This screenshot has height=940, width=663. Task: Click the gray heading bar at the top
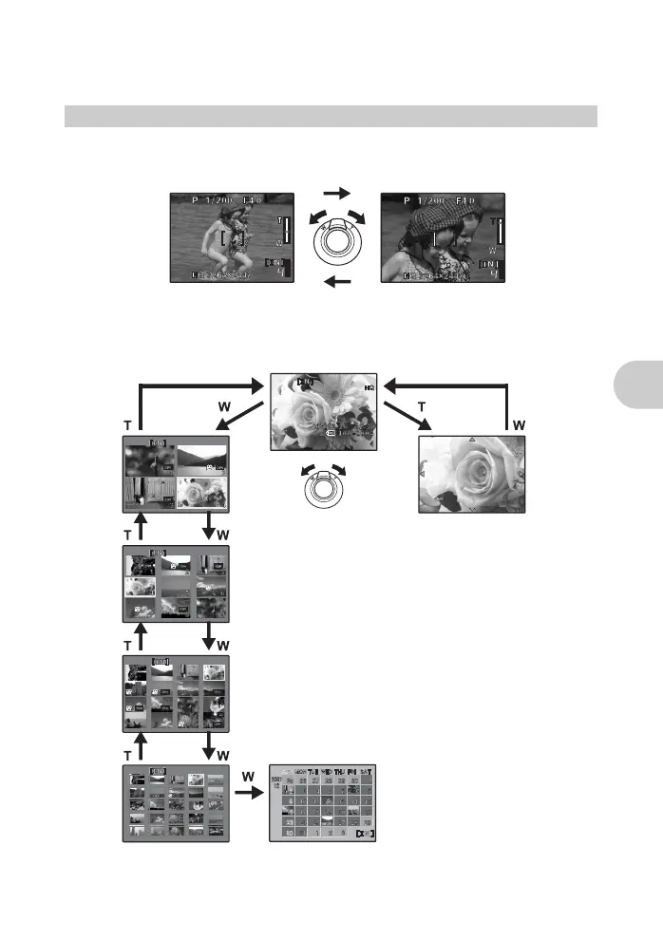(331, 116)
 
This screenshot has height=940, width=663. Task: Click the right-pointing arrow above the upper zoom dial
(336, 193)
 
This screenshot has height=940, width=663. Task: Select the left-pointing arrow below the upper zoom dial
(336, 282)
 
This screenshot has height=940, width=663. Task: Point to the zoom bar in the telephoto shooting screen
(498, 232)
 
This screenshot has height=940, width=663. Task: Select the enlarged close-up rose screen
(472, 475)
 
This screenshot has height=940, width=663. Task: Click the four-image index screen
(177, 475)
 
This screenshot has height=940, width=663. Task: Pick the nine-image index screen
(177, 583)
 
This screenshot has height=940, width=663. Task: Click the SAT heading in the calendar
(366, 772)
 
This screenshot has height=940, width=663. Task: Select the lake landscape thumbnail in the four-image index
(201, 458)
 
